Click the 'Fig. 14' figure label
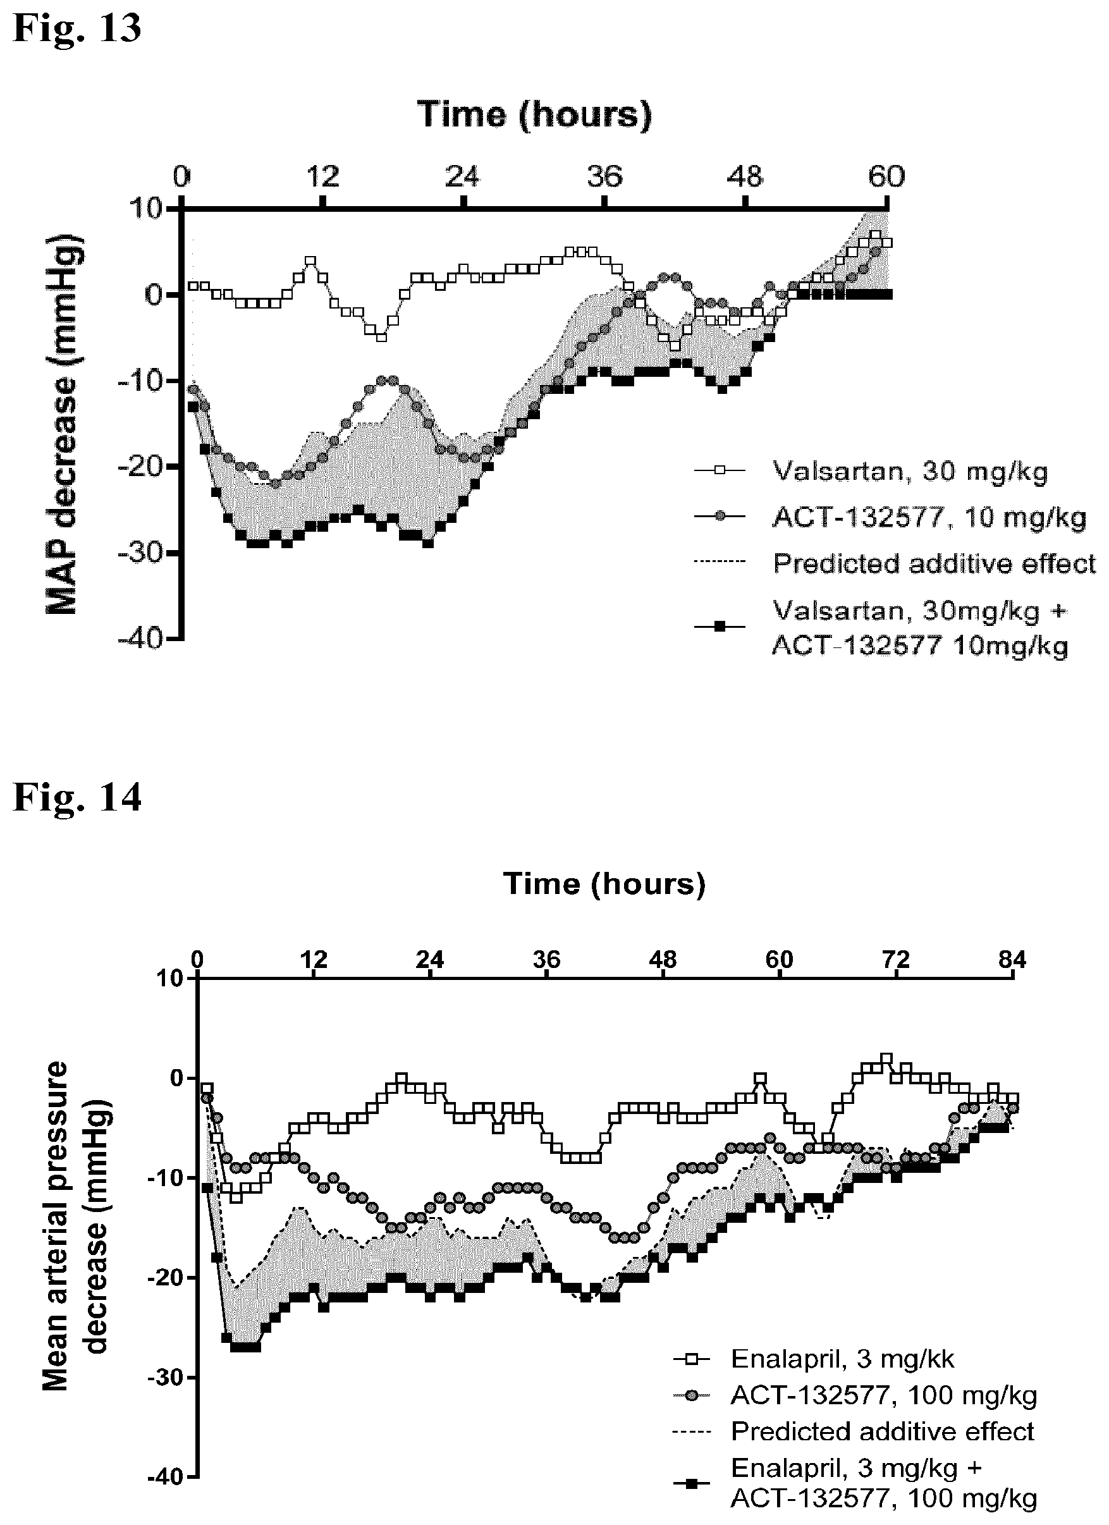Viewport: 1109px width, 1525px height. click(77, 797)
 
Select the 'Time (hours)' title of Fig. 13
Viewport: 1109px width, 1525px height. click(535, 114)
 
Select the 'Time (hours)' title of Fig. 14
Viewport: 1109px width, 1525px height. click(604, 883)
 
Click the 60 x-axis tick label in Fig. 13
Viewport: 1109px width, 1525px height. click(886, 176)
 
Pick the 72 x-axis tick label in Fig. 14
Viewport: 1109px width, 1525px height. click(896, 959)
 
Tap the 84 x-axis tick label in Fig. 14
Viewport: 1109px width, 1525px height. click(1012, 959)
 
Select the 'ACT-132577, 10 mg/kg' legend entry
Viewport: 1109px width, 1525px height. click(890, 517)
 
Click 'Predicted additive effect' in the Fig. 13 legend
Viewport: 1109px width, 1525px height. click(934, 563)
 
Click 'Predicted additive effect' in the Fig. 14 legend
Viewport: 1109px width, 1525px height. click(883, 1431)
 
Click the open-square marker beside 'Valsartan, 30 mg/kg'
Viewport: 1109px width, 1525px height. click(719, 472)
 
